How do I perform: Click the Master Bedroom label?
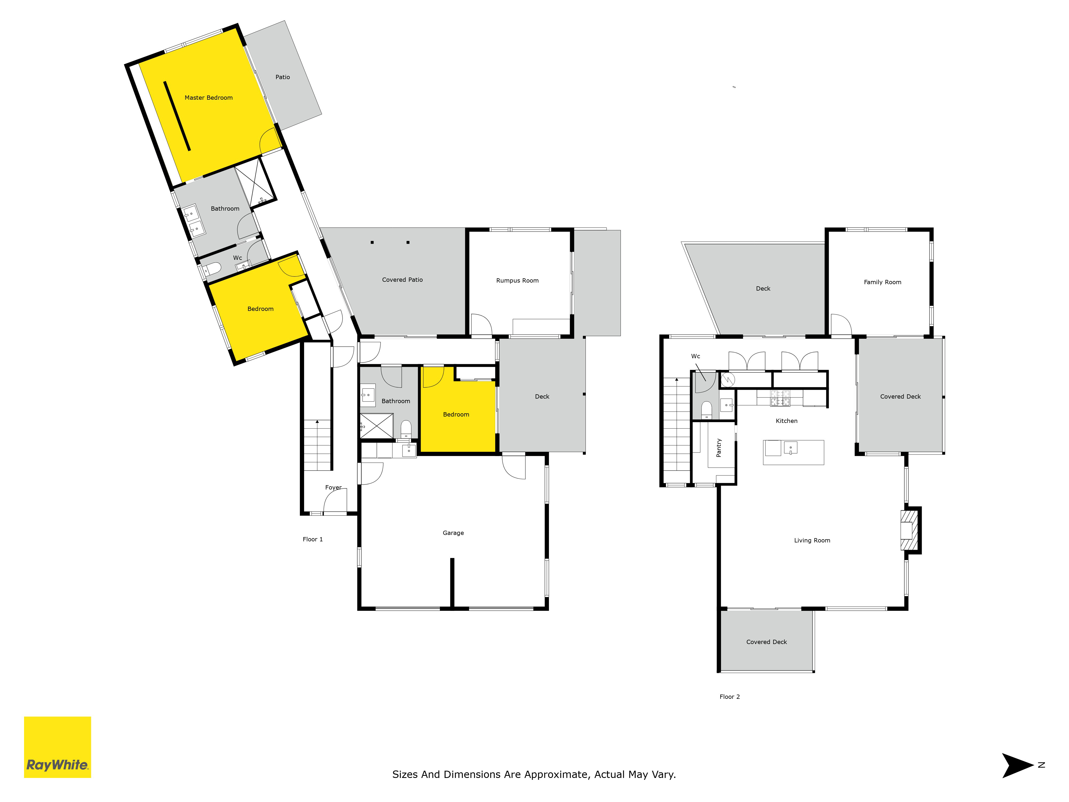coord(209,98)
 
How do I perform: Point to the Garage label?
coord(453,533)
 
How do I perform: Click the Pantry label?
coord(719,448)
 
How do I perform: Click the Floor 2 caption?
coord(730,697)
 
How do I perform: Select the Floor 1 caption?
coord(313,539)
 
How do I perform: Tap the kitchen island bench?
coord(793,453)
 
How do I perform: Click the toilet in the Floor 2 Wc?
coord(707,410)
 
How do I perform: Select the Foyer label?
coord(334,487)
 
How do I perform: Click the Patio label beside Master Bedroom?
coord(283,77)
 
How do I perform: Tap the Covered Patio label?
coord(402,279)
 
